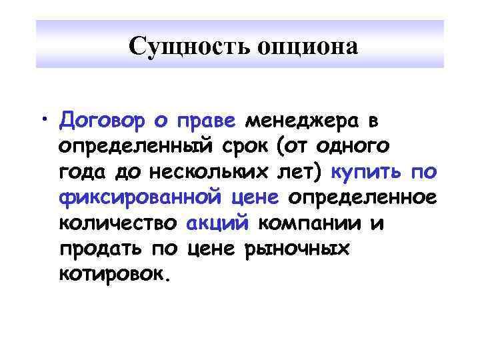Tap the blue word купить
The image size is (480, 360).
pos(367,172)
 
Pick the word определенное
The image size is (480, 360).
pos(361,197)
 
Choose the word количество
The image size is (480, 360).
pos(119,222)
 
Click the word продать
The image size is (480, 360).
pos(99,247)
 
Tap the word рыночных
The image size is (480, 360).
pos(296,247)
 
